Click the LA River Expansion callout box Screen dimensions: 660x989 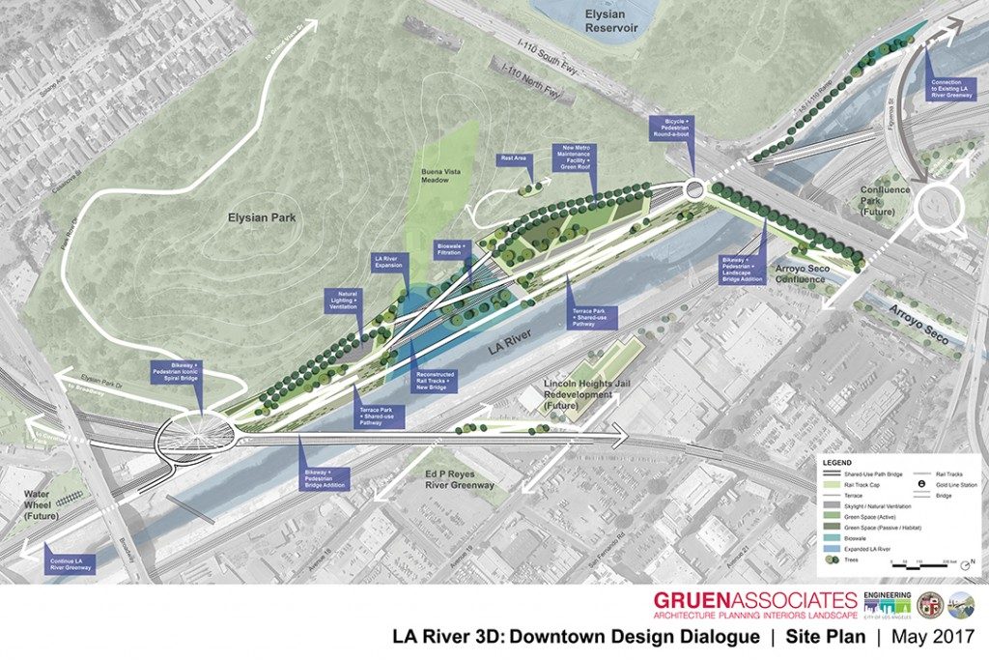click(x=392, y=262)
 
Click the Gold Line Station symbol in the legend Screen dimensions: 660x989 click(x=922, y=483)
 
